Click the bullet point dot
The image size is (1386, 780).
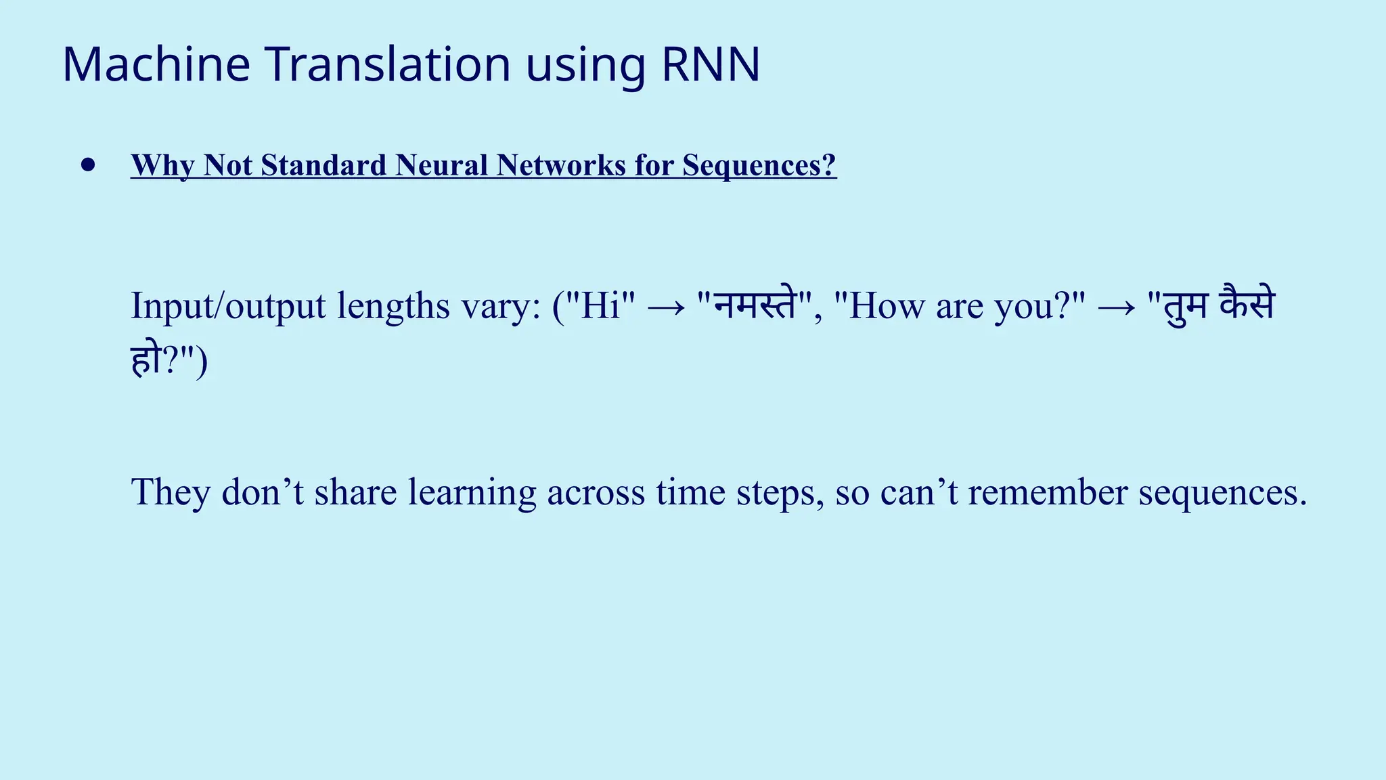point(88,165)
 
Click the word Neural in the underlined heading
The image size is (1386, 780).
point(443,165)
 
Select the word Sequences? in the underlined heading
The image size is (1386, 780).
point(759,165)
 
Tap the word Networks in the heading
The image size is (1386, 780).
point(561,165)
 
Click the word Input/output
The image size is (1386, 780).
point(228,306)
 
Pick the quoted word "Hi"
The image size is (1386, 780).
point(600,306)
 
